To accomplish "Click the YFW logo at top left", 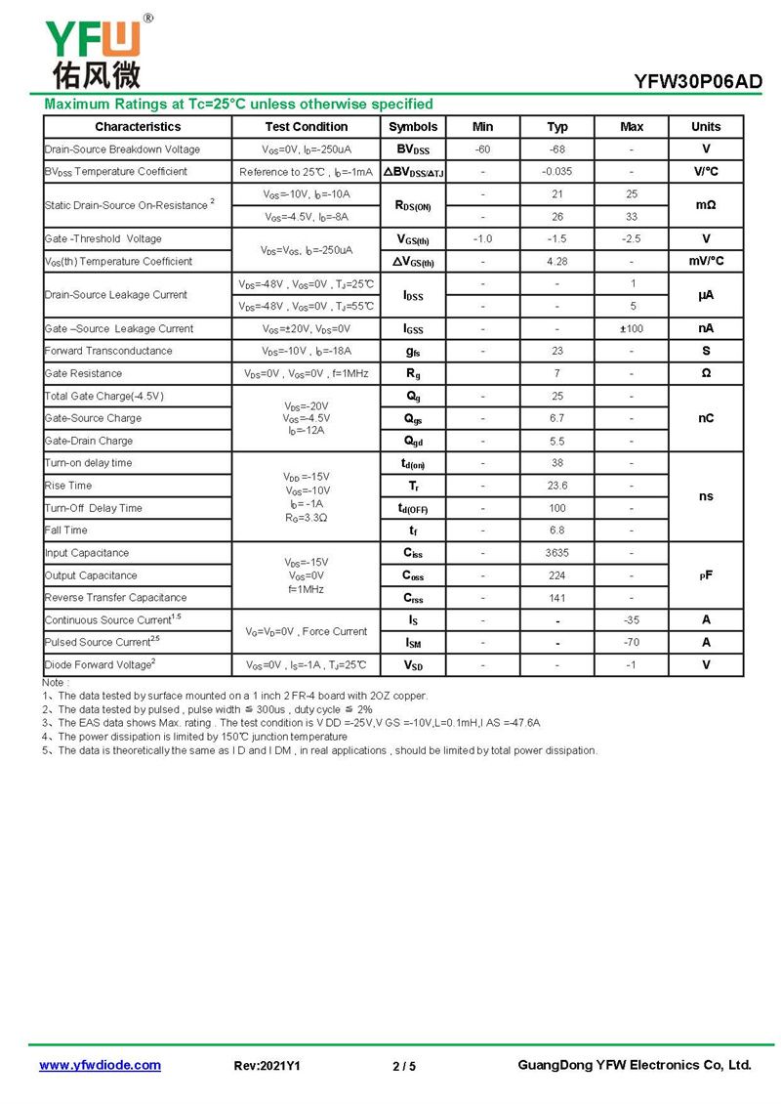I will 94,51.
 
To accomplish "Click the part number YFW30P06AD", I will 697,82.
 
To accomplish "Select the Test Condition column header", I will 306,127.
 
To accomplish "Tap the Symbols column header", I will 413,127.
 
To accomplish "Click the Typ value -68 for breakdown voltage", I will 556,149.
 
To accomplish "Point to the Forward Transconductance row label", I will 108,351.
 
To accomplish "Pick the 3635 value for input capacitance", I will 556,553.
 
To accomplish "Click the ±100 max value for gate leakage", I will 632,329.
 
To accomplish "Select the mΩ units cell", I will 706,205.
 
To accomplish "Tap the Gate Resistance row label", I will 84,373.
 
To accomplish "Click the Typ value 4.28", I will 556,262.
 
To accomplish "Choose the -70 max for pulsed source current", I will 632,643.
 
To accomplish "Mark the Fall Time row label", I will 66,531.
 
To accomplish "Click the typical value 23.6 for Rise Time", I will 556,486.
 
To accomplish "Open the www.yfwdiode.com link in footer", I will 100,1065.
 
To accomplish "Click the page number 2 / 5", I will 403,1066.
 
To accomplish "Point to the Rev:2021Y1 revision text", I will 267,1066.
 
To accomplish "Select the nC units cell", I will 706,418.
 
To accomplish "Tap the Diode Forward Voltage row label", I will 100,665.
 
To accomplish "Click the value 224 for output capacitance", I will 556,575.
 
